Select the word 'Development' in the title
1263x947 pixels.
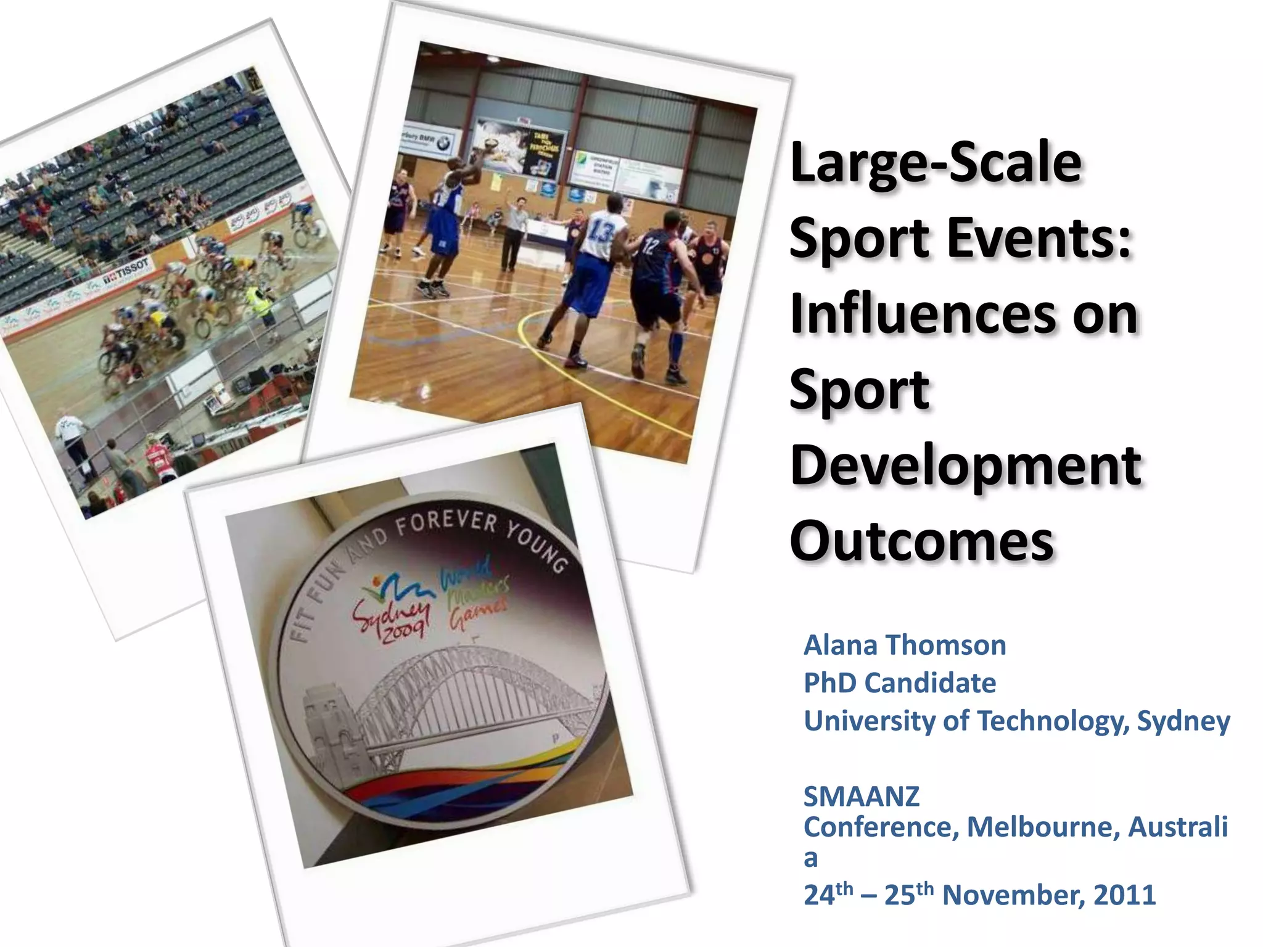tap(965, 465)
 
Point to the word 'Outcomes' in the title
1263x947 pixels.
tap(921, 541)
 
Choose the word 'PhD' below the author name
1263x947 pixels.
tap(829, 683)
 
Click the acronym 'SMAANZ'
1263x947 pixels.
tap(861, 797)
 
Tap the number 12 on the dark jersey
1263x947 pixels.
tap(651, 247)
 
